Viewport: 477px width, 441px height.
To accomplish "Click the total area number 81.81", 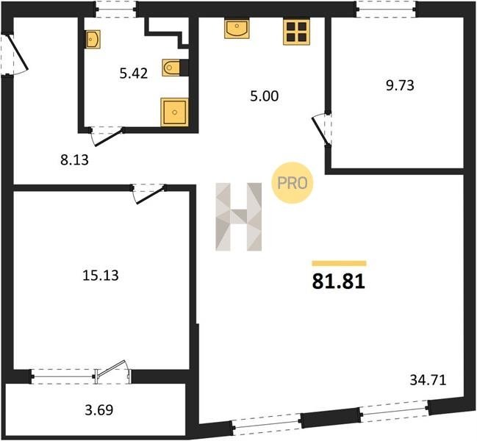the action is [x=338, y=282].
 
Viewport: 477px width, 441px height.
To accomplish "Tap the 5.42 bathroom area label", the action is [x=134, y=73].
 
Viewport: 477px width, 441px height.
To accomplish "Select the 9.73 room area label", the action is [x=400, y=85].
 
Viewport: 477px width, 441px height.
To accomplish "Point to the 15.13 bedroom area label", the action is [x=101, y=275].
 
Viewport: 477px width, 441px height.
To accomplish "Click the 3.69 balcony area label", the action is [x=99, y=410].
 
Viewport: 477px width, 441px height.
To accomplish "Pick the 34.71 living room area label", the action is [x=428, y=380].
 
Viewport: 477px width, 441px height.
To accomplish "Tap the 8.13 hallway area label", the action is [x=74, y=160].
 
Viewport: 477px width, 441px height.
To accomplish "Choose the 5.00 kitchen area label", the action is [x=265, y=96].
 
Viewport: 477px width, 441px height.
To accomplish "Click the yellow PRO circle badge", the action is [x=292, y=183].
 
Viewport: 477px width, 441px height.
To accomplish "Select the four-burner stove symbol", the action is [x=297, y=32].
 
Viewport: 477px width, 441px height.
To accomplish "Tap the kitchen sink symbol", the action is [x=237, y=29].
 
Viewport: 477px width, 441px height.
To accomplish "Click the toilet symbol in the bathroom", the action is [x=171, y=68].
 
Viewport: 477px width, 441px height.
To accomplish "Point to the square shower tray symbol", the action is [x=174, y=112].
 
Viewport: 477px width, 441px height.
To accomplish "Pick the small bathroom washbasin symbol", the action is [x=93, y=39].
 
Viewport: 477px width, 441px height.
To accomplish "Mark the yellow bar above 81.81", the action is [x=340, y=263].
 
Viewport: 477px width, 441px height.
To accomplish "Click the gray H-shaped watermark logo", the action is [x=238, y=217].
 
